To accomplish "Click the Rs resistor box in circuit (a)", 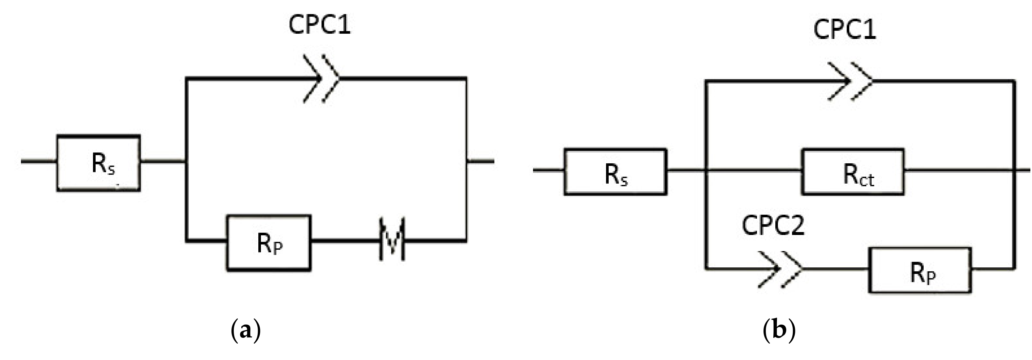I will [x=99, y=163].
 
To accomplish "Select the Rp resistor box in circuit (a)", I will [x=269, y=243].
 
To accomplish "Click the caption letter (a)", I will [x=246, y=331].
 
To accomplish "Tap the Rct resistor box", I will [x=853, y=172].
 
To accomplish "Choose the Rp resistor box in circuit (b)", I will [x=920, y=270].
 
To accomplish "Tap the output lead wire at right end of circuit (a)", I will [x=480, y=161].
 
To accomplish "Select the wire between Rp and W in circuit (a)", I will [x=344, y=240].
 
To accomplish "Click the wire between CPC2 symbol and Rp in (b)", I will [x=835, y=269].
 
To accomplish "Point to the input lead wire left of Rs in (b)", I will [x=548, y=170].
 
